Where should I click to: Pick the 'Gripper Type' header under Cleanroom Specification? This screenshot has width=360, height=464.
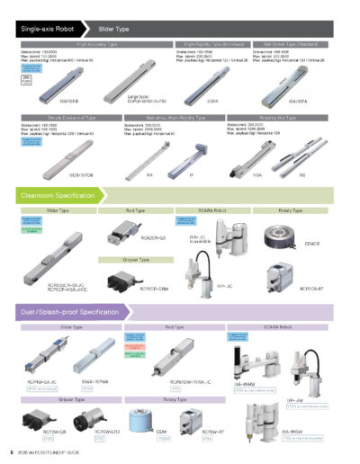click(x=136, y=259)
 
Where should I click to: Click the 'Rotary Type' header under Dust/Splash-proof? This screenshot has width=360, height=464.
click(x=181, y=398)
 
